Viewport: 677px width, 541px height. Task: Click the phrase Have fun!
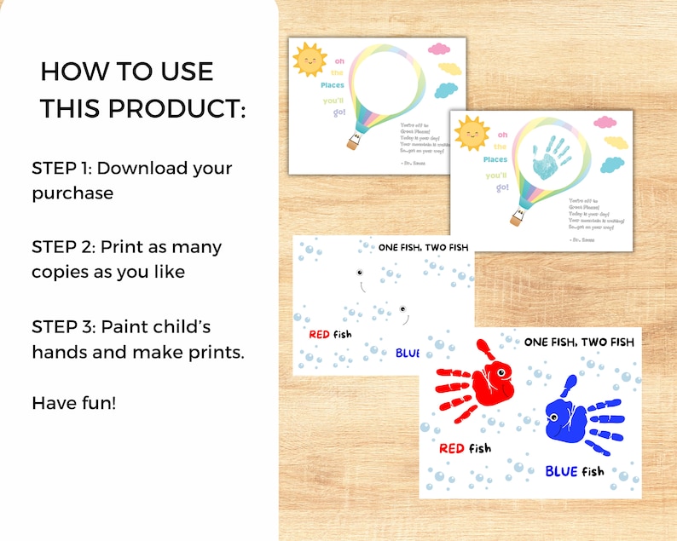point(73,401)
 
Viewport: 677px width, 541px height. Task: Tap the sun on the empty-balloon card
point(309,60)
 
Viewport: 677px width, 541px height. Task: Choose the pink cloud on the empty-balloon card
point(440,49)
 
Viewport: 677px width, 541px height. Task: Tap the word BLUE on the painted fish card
point(562,471)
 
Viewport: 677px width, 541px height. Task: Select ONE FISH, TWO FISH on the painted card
point(579,342)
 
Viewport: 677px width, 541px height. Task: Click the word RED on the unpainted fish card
point(319,334)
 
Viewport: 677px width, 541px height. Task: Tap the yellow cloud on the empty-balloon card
point(449,69)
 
